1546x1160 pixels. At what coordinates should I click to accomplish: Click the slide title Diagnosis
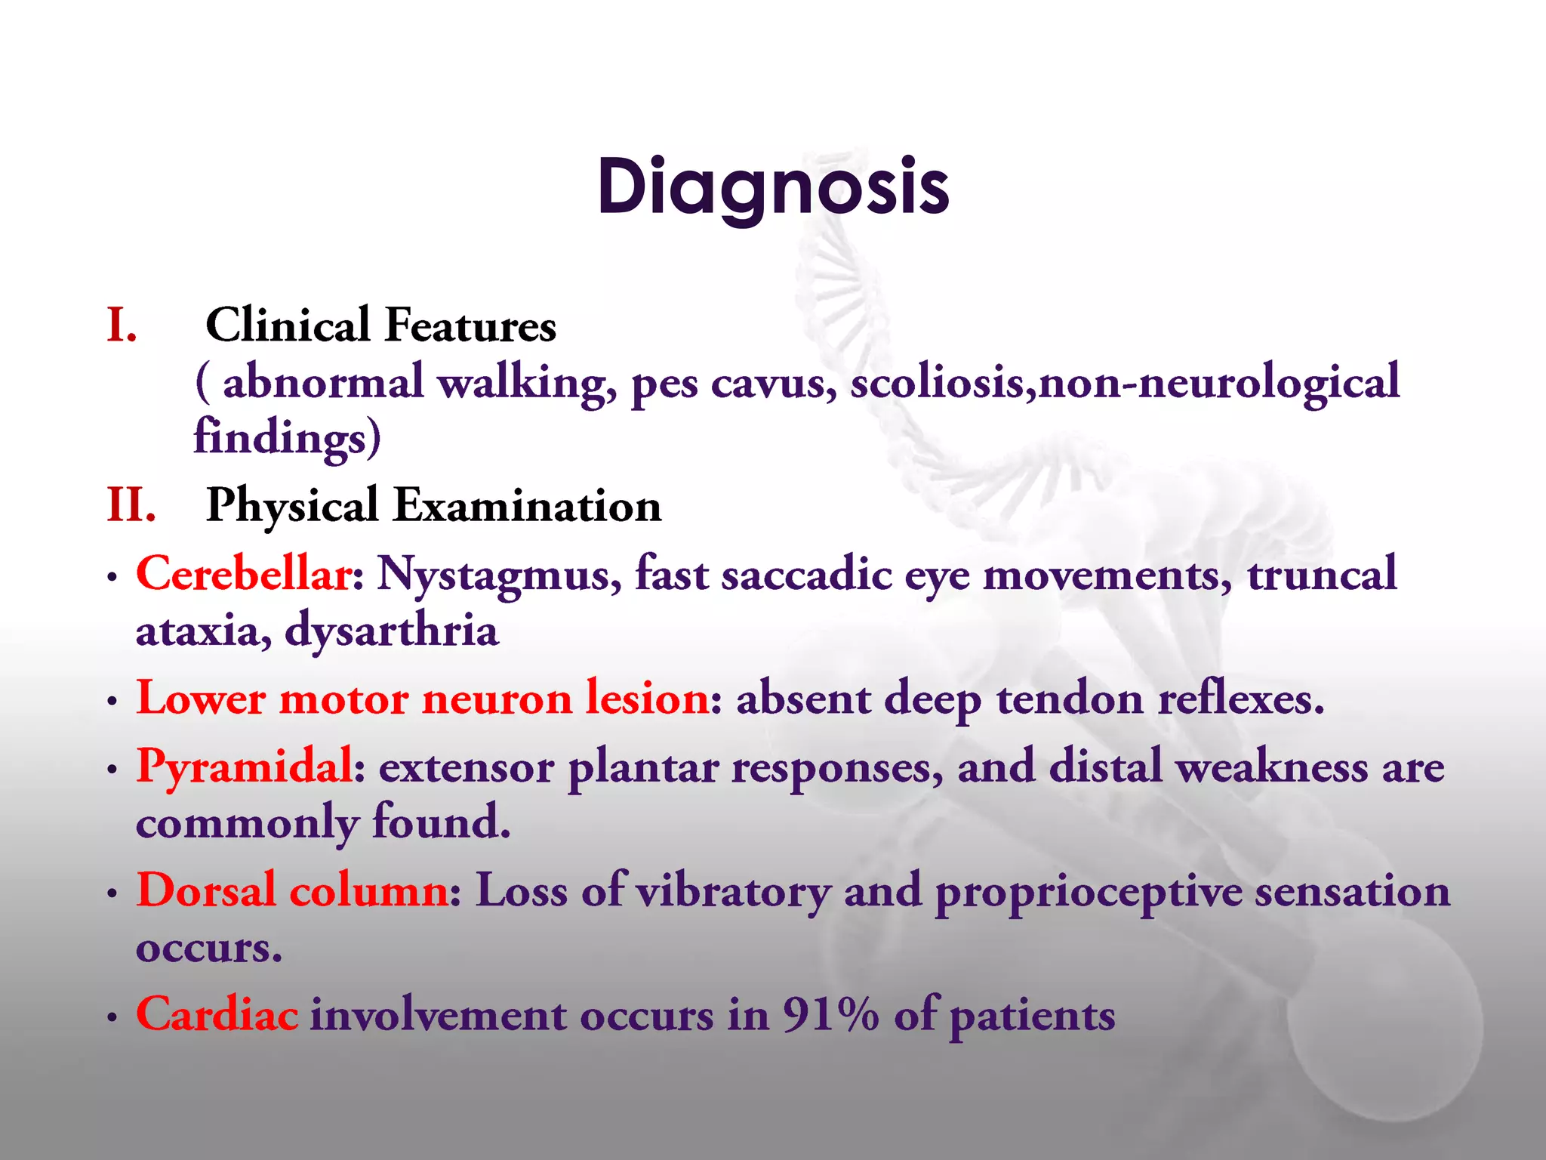pos(772,187)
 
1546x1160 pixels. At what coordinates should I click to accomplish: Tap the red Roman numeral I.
pos(122,325)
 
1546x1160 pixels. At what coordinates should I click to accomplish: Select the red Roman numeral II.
pos(131,504)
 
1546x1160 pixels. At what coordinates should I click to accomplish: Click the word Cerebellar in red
pos(243,573)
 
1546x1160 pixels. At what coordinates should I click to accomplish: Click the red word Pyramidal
pos(244,766)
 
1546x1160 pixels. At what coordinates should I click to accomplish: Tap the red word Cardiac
pos(217,1013)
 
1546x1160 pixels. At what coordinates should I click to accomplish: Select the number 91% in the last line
pos(830,1014)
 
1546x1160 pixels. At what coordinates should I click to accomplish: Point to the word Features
pos(470,325)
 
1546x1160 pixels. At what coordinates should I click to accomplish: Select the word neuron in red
pos(496,699)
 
